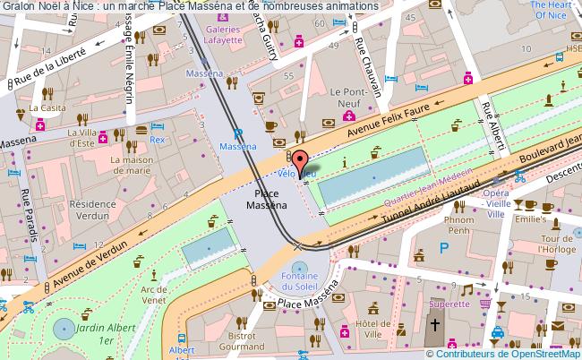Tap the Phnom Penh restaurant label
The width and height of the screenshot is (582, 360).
click(458, 225)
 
